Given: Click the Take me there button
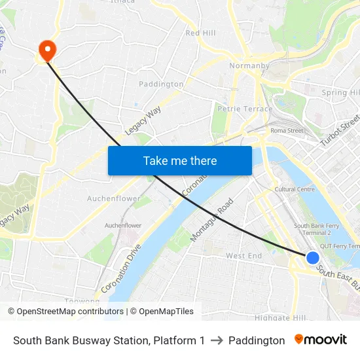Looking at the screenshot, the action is pyautogui.click(x=180, y=160).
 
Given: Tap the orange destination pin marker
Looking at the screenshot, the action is pyautogui.click(x=47, y=49).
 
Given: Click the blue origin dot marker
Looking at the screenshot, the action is pyautogui.click(x=313, y=259).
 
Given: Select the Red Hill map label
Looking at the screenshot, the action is pyautogui.click(x=200, y=33).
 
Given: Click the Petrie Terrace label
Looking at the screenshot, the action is pyautogui.click(x=245, y=109).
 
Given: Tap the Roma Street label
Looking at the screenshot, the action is pyautogui.click(x=287, y=130).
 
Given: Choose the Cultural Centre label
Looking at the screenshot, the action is pyautogui.click(x=295, y=189).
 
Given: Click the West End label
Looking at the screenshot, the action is pyautogui.click(x=243, y=255).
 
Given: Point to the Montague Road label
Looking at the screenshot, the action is pyautogui.click(x=211, y=220).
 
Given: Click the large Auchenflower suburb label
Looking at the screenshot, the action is pyautogui.click(x=114, y=198).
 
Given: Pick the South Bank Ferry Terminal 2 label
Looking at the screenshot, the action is pyautogui.click(x=312, y=229).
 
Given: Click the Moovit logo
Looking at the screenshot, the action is pyautogui.click(x=321, y=340).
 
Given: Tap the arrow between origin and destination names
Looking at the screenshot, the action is pyautogui.click(x=217, y=340).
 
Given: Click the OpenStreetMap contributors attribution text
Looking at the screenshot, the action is pyautogui.click(x=67, y=312).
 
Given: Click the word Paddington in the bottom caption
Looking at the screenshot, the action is pyautogui.click(x=257, y=340).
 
